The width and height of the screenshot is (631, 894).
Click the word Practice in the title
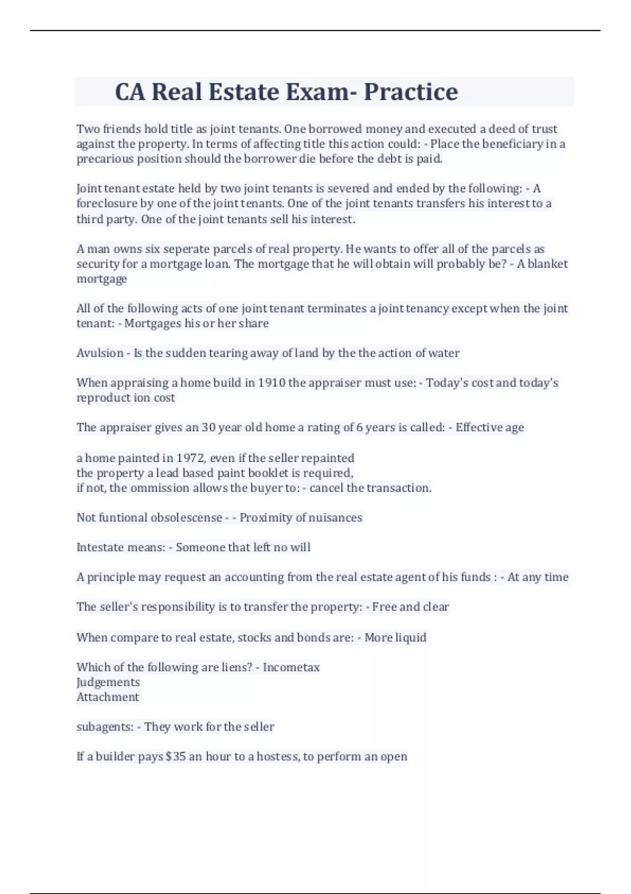[411, 92]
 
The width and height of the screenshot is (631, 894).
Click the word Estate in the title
[243, 92]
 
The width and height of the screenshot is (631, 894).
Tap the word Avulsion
[100, 353]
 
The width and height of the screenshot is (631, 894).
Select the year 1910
[271, 383]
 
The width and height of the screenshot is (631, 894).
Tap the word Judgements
[108, 683]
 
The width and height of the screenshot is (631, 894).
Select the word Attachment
[107, 697]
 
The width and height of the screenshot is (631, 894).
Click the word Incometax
[291, 667]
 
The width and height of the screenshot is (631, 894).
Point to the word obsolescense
[186, 518]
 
